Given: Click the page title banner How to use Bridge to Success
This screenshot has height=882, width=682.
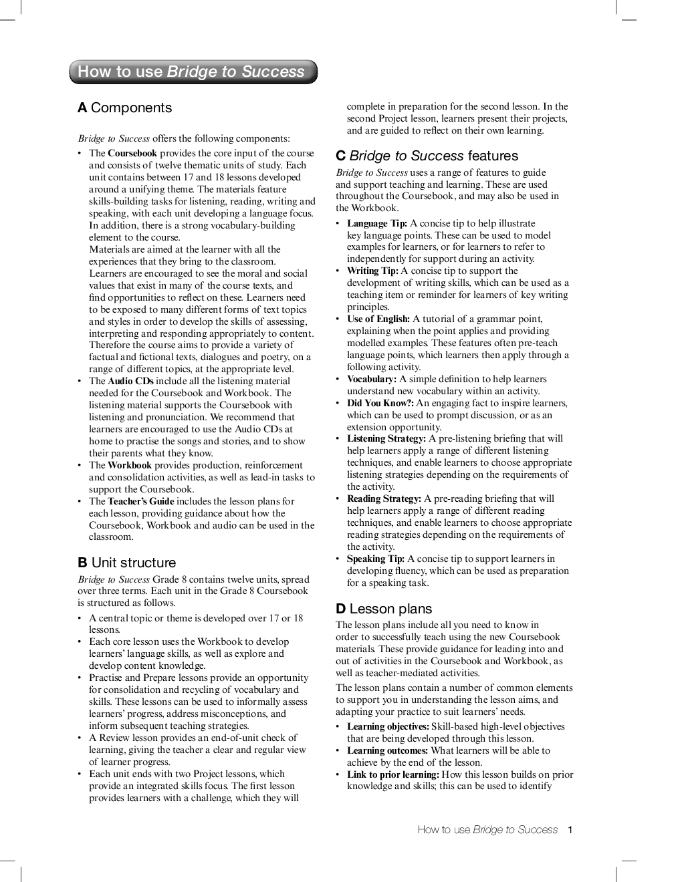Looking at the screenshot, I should point(193,72).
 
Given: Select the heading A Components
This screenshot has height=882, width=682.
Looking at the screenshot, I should point(125,108).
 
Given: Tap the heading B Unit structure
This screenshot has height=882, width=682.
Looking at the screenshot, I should point(127,563).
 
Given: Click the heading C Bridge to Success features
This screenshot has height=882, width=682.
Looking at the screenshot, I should point(427,156).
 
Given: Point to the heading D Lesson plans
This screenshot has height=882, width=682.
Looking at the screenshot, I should point(384,609).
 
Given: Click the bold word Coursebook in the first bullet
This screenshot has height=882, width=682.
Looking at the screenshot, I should point(132,153).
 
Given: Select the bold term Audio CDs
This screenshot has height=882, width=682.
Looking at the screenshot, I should point(130,381).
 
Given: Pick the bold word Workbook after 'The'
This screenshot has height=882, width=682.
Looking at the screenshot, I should point(130,465).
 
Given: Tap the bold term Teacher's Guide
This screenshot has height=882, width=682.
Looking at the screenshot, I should point(140,501).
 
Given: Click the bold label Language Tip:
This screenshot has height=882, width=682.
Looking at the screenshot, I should point(377,223).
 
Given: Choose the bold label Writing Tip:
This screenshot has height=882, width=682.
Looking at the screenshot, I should point(372,271).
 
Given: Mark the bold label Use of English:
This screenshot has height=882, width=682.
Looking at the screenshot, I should point(378,319).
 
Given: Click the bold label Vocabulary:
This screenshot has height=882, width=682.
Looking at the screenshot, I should point(372,379).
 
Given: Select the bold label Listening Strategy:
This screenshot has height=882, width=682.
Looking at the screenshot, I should point(386,438).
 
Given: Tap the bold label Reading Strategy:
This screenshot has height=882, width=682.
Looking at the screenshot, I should point(384,498).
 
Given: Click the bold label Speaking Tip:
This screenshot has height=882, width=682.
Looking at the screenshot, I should point(376,559).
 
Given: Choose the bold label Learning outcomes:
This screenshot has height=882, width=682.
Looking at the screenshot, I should point(388,750).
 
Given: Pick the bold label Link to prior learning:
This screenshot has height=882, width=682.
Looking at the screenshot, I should point(393,774).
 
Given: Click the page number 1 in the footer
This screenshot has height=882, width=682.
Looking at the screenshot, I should point(570,830).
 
